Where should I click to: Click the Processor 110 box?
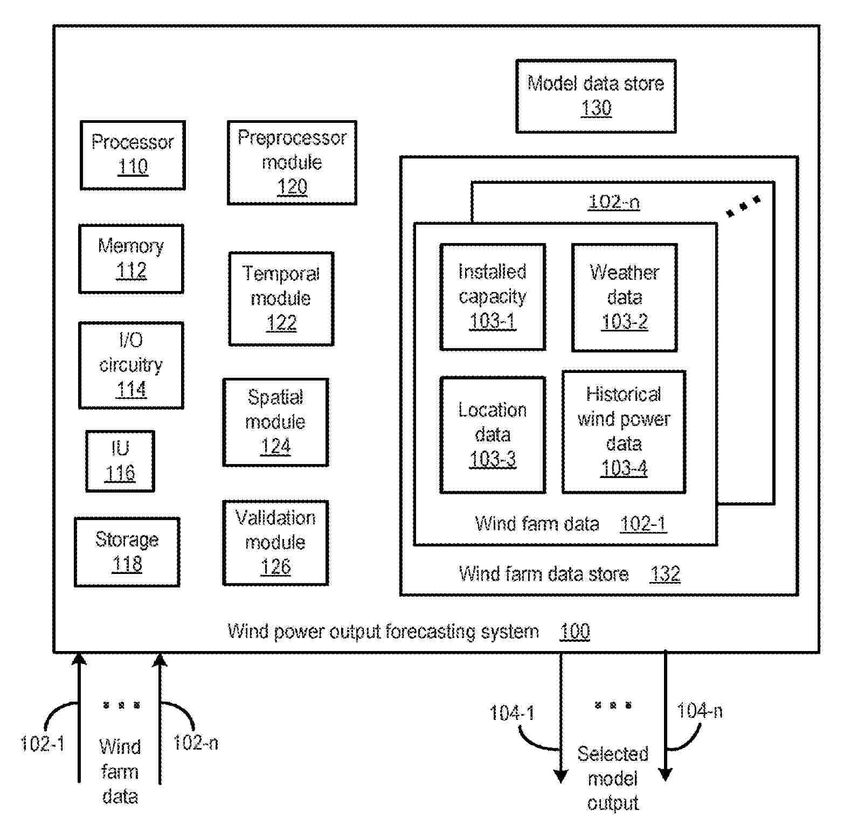click(133, 155)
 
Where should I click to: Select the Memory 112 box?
click(131, 259)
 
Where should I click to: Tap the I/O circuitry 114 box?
click(131, 365)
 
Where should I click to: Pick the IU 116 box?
click(120, 461)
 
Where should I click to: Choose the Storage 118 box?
click(127, 552)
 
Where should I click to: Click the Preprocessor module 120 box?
click(292, 163)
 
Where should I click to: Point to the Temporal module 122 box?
click(281, 299)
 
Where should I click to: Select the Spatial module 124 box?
click(275, 422)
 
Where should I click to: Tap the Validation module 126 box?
click(275, 543)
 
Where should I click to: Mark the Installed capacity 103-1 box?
click(493, 297)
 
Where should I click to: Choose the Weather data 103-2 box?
click(624, 297)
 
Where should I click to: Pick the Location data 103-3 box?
click(493, 435)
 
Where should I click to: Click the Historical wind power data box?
click(624, 432)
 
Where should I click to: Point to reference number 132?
click(665, 574)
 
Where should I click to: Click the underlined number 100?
click(575, 631)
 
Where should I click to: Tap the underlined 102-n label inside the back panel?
click(614, 202)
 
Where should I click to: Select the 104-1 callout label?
click(512, 713)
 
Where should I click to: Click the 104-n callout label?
click(700, 711)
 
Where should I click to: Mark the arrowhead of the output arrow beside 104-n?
click(666, 774)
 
